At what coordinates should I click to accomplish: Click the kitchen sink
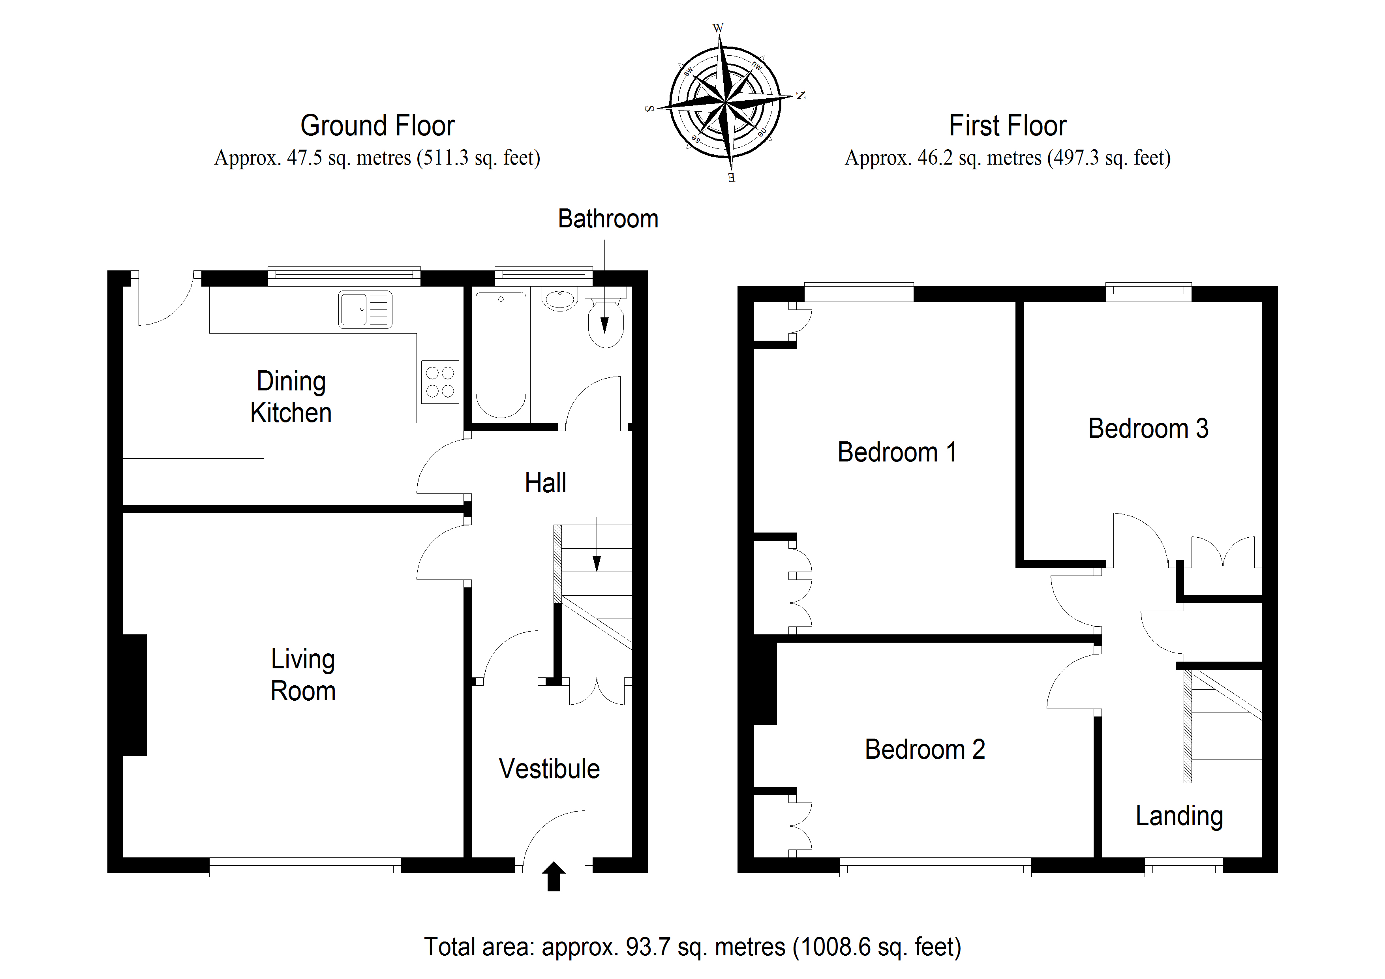point(365,309)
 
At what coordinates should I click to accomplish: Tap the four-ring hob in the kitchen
point(440,382)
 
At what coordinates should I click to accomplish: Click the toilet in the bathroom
point(606,318)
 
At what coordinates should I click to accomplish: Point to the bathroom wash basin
point(560,299)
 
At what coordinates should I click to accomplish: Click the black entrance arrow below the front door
point(554,876)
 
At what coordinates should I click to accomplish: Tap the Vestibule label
point(549,769)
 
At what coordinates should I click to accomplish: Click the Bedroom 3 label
point(1148,428)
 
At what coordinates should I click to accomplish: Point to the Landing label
point(1179,816)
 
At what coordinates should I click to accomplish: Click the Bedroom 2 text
point(925,749)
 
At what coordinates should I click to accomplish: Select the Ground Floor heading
point(377,126)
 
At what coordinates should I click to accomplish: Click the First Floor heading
point(1008,126)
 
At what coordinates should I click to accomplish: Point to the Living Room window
point(305,867)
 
